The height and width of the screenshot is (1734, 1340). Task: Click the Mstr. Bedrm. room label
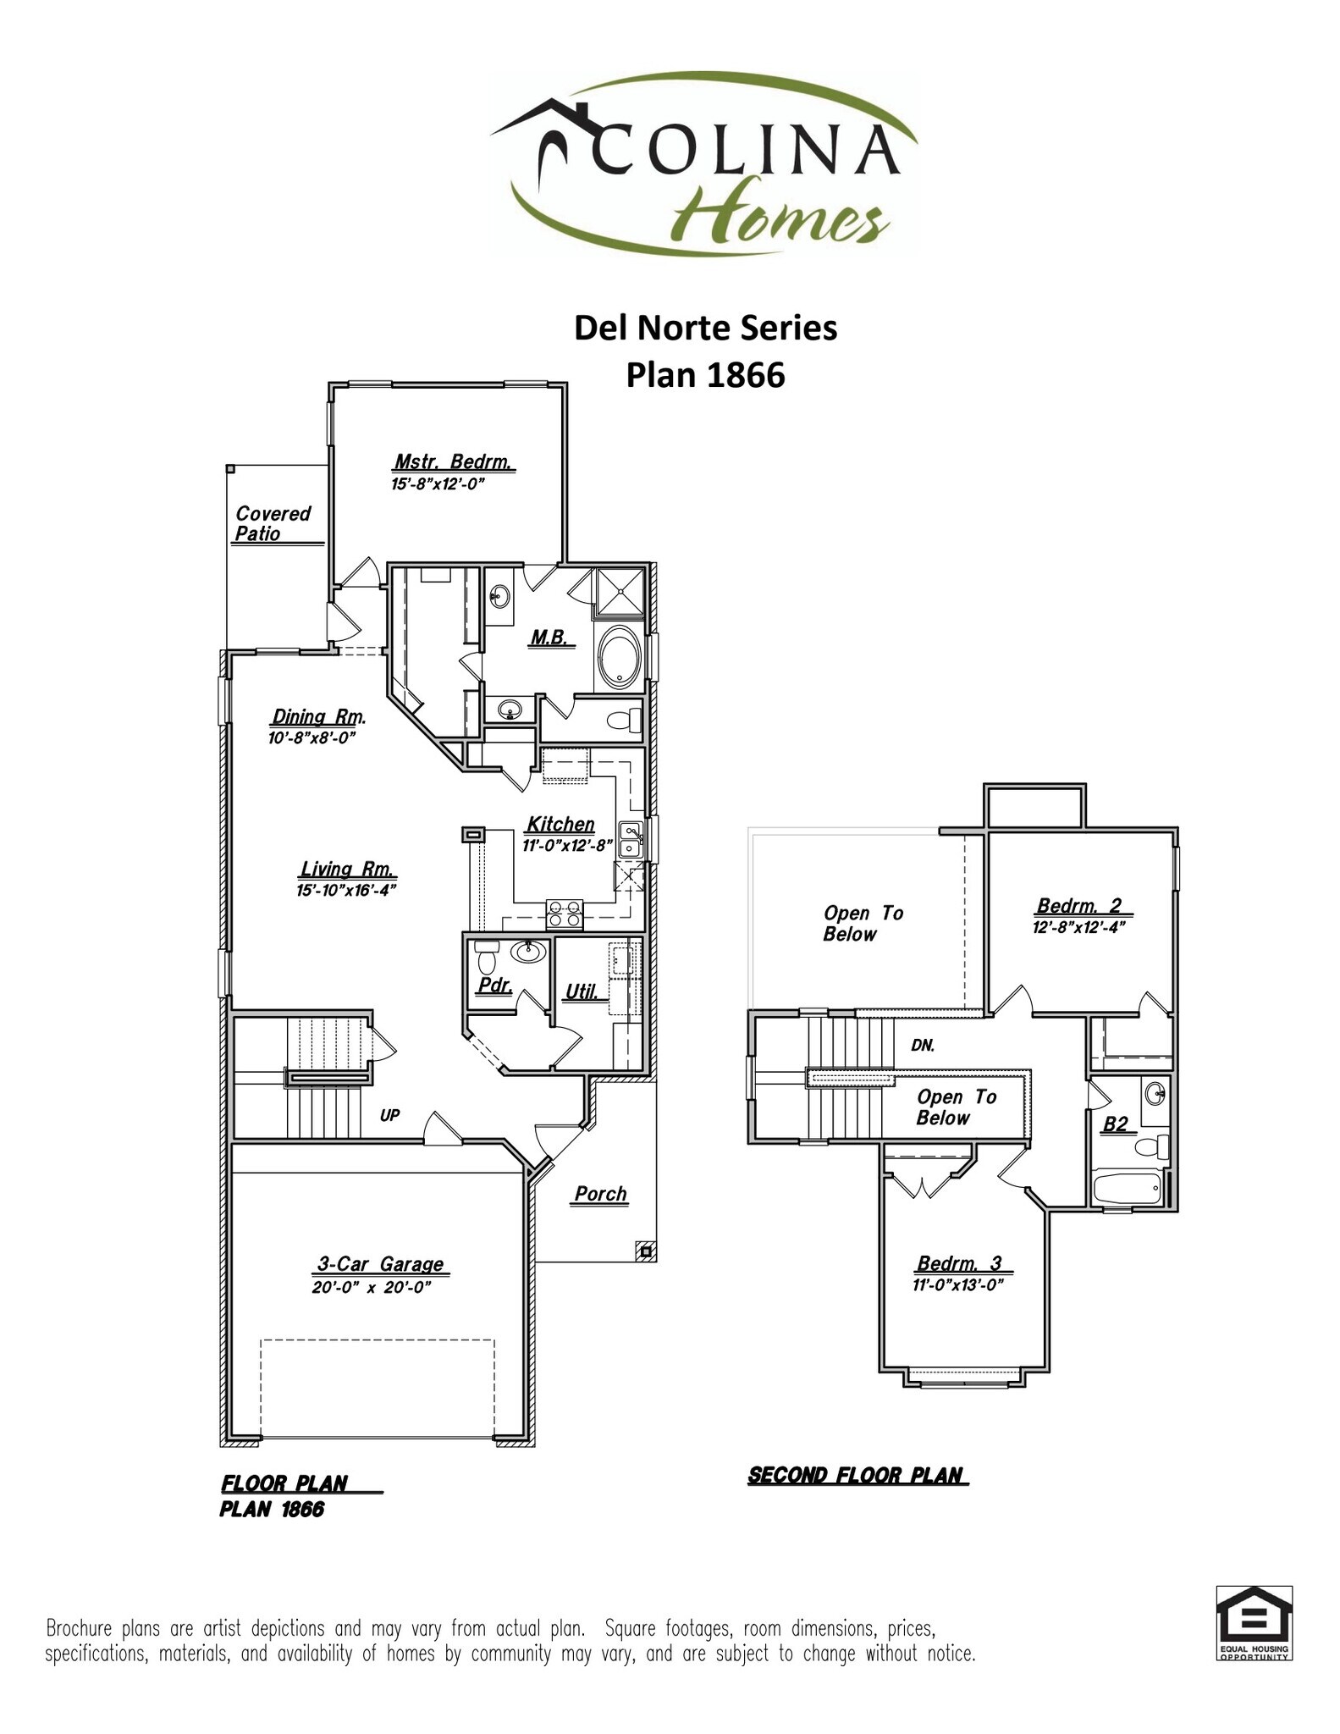coord(453,462)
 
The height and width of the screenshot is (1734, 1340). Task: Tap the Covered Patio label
coord(273,523)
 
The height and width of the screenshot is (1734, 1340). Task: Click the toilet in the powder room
coord(486,961)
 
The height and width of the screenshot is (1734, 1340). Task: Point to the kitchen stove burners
coord(564,914)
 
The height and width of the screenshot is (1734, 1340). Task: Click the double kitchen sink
coord(630,840)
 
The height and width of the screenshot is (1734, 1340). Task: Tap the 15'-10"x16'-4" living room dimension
coord(346,890)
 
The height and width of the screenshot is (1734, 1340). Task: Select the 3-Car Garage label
coord(380,1263)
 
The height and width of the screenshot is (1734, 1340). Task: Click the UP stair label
coord(389,1115)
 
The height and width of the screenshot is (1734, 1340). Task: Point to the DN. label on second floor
coord(923,1046)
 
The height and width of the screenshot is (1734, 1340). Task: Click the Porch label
coord(600,1194)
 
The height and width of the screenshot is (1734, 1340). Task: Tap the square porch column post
coord(645,1251)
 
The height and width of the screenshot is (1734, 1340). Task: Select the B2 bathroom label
coord(1115,1124)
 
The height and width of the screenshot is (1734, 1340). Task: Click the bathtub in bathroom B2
coord(1128,1188)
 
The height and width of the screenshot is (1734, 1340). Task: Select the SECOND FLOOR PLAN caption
coord(857,1475)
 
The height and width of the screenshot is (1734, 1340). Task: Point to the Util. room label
coord(581,991)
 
